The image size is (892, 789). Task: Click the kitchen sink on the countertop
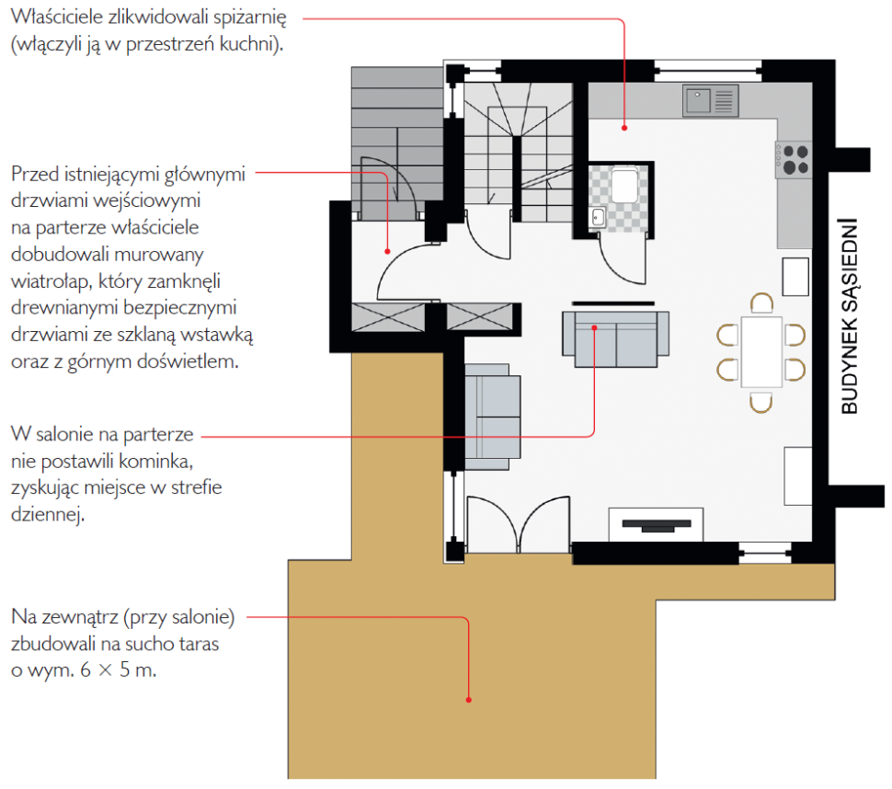tap(711, 100)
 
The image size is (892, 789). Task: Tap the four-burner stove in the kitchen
tap(794, 160)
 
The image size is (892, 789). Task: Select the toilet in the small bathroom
tap(624, 184)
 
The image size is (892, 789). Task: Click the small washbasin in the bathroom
tap(598, 217)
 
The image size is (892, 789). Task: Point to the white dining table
tap(761, 351)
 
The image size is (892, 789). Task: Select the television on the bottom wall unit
tap(657, 525)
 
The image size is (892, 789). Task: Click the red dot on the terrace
tap(469, 700)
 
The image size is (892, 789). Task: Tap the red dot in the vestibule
tap(387, 251)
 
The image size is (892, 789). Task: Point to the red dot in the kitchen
tap(624, 128)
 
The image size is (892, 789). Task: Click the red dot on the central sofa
tap(594, 327)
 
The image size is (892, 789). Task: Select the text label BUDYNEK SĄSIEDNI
tap(849, 315)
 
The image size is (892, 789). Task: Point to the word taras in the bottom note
tap(200, 644)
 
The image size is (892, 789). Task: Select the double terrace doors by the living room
tap(519, 524)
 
